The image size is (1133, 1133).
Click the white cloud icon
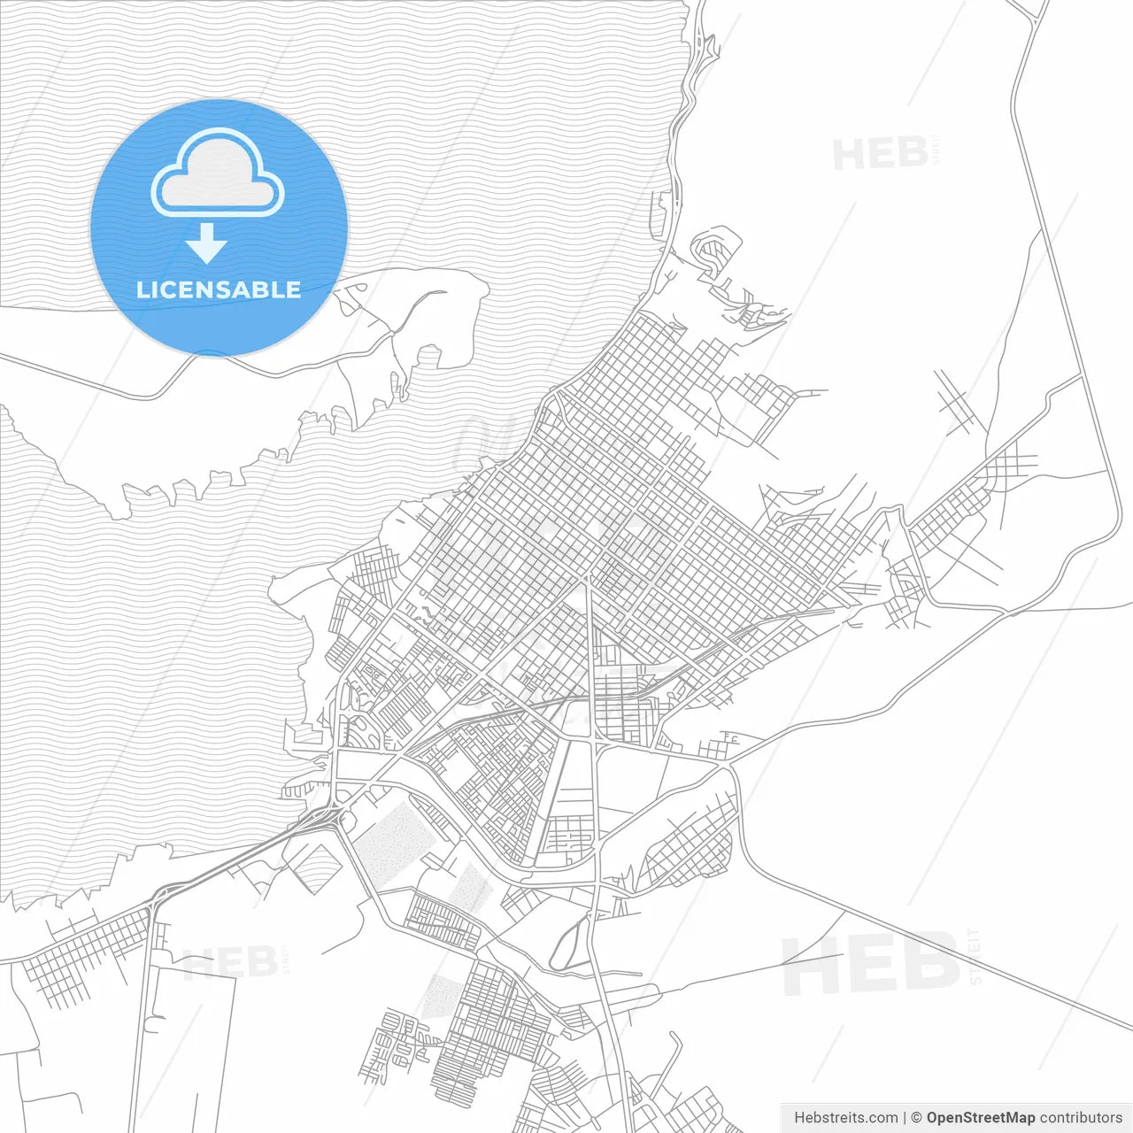pos(217,173)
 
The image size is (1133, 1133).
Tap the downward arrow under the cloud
pos(206,243)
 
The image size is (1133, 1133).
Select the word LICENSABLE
pos(219,289)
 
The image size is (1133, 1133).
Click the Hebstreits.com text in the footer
pos(846,1118)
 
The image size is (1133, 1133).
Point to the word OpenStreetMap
pos(980,1118)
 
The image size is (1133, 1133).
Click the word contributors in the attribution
pos(1081,1118)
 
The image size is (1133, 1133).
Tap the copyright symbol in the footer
pos(916,1118)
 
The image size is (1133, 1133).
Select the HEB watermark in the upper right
pos(880,154)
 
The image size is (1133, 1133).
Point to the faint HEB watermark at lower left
pos(229,962)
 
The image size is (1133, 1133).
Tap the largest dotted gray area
pos(390,842)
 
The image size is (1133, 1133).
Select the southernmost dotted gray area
pos(440,996)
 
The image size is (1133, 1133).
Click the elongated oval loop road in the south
pos(569,944)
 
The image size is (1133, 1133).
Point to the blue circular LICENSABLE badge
pos(219,227)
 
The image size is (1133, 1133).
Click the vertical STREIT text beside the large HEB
pos(975,956)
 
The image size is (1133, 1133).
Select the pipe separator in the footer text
pos(904,1118)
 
